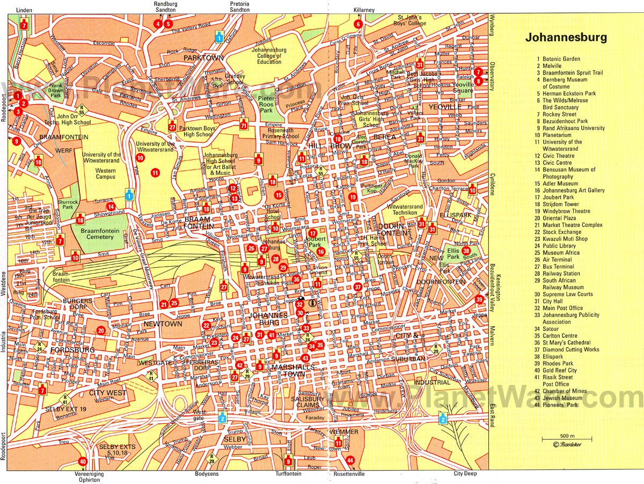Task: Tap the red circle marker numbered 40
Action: [x=83, y=461]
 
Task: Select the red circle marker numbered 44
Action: [x=350, y=460]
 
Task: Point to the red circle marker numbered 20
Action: [x=101, y=331]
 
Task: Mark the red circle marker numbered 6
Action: [x=358, y=24]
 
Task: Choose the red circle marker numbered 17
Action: [x=312, y=233]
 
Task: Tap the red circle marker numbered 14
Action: [x=110, y=206]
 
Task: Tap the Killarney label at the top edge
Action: [x=364, y=10]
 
